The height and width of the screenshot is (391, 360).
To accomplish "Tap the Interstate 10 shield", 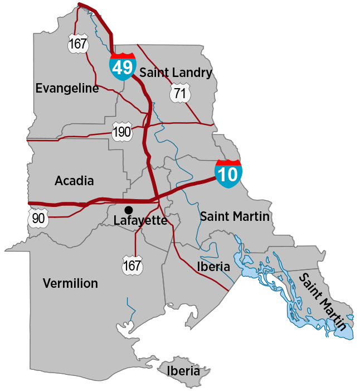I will coord(228,173).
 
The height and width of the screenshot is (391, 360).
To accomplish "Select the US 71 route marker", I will coord(179,93).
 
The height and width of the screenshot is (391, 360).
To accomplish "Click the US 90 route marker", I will coord(38,218).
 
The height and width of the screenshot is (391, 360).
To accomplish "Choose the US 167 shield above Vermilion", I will coord(133,266).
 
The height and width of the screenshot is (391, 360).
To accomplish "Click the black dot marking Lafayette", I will coord(129,210).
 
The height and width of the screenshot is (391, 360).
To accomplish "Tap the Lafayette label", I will coord(140,221).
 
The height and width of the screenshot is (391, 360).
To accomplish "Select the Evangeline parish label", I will coord(67,88).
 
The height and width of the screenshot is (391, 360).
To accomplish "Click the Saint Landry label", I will coord(176,73).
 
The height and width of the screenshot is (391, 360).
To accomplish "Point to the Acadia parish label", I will coord(74,181).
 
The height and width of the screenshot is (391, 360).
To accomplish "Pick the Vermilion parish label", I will coord(70,283).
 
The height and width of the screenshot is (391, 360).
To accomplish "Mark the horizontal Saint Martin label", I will coord(235,216).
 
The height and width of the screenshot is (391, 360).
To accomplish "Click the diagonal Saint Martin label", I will coord(323,301).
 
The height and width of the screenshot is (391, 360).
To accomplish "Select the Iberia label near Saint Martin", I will coord(213,267).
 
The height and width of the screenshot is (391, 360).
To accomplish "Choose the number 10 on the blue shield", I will coord(228,175).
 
